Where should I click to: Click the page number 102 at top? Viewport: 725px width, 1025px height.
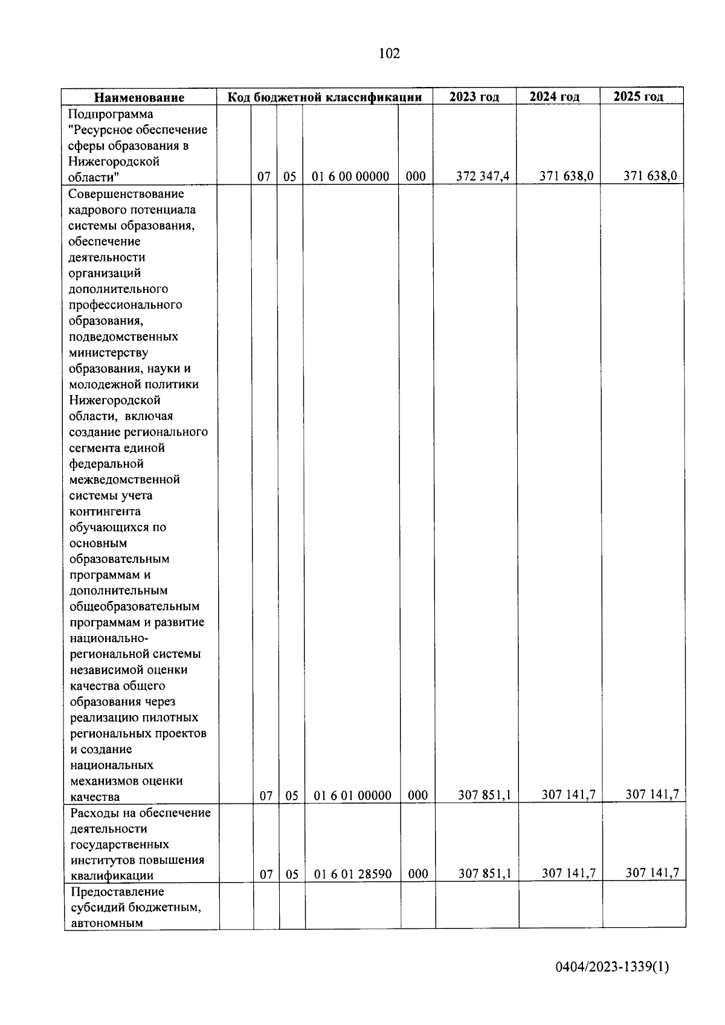point(389,54)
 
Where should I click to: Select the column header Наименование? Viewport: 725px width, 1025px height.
point(139,97)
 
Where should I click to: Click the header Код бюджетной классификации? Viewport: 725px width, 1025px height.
point(324,97)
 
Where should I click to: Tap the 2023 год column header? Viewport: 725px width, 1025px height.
point(474,97)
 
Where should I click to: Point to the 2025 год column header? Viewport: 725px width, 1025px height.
point(639,96)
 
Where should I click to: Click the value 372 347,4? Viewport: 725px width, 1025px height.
point(483,176)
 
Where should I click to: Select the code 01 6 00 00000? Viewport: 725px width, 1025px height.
point(350,176)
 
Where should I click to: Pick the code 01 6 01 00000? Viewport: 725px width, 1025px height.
point(353,795)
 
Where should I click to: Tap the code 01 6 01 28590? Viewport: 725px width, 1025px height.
point(353,874)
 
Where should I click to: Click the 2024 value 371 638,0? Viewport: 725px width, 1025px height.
point(567,176)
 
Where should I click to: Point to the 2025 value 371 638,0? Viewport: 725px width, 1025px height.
point(650,176)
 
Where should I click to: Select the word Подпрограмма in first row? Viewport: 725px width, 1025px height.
point(111,114)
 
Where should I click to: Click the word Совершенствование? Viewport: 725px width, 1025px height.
point(126,194)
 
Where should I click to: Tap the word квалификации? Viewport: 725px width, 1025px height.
point(112,875)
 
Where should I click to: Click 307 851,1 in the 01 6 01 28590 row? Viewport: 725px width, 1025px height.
point(485,873)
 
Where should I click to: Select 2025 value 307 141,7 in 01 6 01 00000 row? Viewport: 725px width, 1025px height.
point(652,794)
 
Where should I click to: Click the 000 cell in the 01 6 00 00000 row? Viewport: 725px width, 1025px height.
point(416,176)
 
